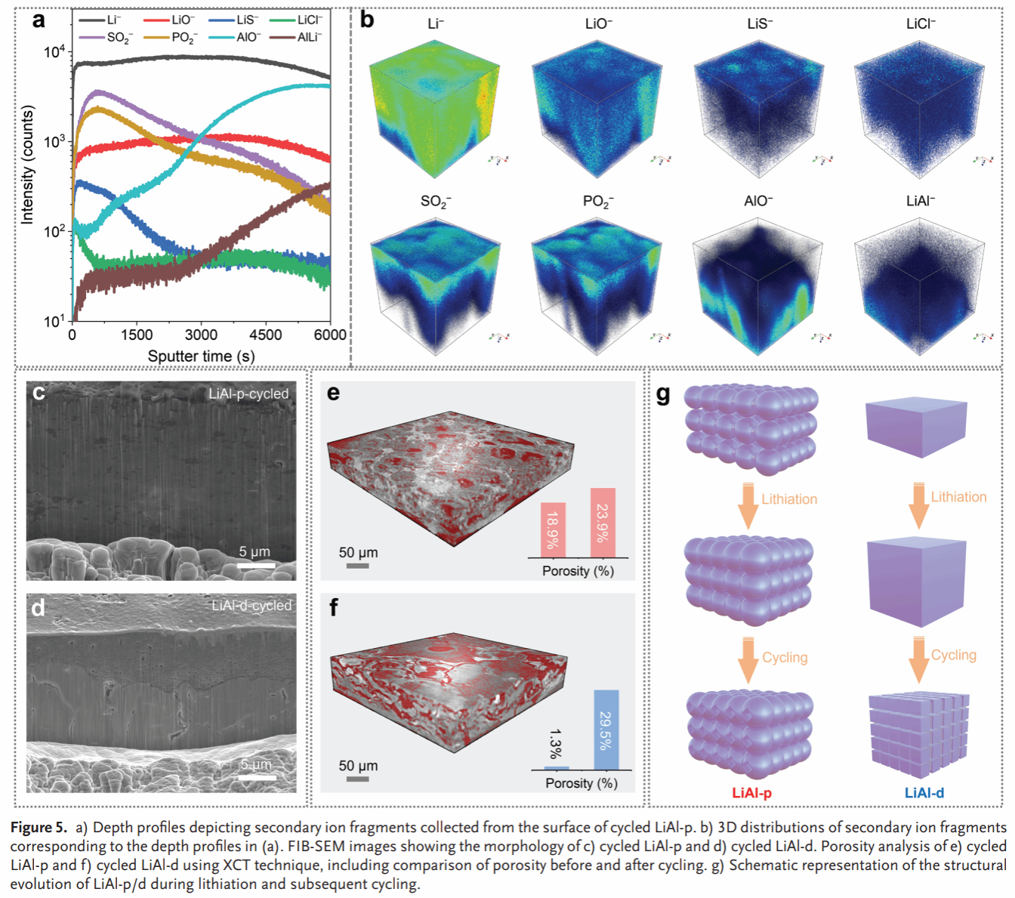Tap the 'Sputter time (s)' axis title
(x=201, y=356)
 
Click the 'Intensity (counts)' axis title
(x=28, y=164)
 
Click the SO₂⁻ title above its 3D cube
(x=436, y=202)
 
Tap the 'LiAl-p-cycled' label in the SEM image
(x=248, y=393)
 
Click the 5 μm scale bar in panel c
(x=256, y=564)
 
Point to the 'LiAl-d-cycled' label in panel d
(x=251, y=606)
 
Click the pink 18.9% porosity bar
(x=554, y=529)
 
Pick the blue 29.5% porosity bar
(x=606, y=730)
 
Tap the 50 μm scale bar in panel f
(x=357, y=778)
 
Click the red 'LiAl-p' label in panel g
(x=751, y=793)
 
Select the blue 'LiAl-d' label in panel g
(x=924, y=793)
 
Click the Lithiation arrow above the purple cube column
(x=918, y=505)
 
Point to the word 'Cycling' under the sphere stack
(x=785, y=658)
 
